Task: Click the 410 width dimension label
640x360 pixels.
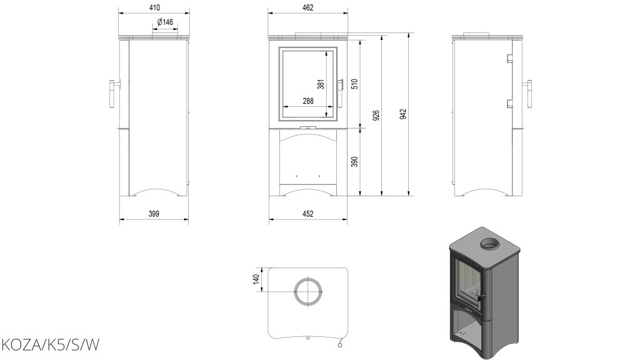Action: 155,7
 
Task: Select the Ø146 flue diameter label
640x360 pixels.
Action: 165,22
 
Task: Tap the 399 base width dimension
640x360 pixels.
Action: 154,214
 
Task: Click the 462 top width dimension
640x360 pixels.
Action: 307,7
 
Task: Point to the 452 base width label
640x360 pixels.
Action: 307,214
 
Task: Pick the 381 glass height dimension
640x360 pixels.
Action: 321,84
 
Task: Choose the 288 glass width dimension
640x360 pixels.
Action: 308,101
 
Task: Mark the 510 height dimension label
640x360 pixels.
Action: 355,84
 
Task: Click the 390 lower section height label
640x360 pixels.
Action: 355,162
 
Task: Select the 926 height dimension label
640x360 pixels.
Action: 376,115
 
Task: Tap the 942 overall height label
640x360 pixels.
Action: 403,114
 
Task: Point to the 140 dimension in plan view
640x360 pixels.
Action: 256,279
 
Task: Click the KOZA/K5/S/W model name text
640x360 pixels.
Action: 51,345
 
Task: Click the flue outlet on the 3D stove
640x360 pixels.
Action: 489,244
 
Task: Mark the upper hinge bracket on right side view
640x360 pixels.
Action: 509,58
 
